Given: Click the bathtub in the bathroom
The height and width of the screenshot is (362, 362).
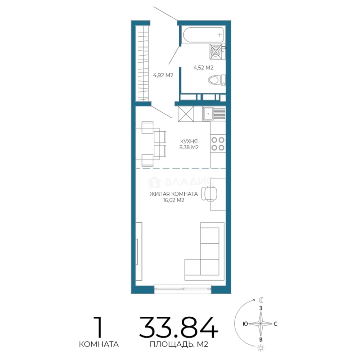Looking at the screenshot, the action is click(203, 35).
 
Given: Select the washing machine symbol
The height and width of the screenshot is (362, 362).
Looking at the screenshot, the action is click(216, 51).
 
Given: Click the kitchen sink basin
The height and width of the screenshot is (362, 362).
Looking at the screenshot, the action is click(208, 114).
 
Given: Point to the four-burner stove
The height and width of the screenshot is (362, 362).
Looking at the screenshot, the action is click(218, 143).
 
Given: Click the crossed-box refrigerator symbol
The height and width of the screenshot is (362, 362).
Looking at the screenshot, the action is click(186, 114).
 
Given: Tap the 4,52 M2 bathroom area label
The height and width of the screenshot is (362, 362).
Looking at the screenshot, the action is click(203, 68).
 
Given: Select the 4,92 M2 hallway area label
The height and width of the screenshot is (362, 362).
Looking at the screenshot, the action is click(163, 75).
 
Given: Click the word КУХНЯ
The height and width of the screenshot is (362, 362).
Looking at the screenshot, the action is click(189, 141).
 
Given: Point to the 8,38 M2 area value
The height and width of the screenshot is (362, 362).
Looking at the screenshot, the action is click(189, 147).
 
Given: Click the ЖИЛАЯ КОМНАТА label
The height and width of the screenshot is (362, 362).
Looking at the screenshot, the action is click(174, 194).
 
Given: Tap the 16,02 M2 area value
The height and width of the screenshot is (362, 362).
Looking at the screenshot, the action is click(174, 200).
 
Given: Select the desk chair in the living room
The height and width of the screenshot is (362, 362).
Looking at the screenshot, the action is click(209, 193).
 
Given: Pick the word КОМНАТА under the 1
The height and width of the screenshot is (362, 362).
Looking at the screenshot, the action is click(99, 344).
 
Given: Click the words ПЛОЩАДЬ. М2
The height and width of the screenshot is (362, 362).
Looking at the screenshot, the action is click(179, 344).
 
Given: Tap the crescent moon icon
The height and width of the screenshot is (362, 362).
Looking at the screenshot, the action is click(261, 300).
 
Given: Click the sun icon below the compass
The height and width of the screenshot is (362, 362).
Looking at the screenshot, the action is click(261, 348).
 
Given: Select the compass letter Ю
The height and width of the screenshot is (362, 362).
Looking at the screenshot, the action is click(245, 324).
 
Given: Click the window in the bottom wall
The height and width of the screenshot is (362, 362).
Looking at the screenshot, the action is click(183, 289).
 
